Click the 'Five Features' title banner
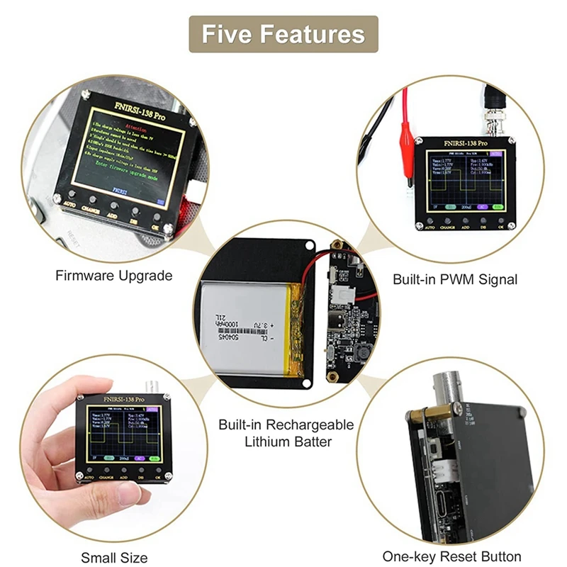tap(283, 34)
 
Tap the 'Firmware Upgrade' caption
tap(113, 276)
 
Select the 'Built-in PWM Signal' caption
tap(455, 279)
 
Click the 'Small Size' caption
tap(113, 557)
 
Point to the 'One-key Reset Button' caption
tap(451, 556)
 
